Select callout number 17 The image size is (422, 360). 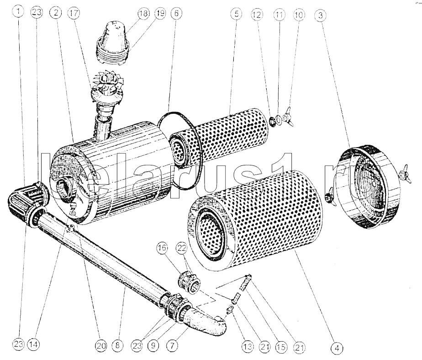pyautogui.click(x=72, y=14)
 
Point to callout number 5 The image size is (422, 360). pyautogui.click(x=235, y=14)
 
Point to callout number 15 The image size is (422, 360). pyautogui.click(x=280, y=346)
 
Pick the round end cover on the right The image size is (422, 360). pyautogui.click(x=368, y=183)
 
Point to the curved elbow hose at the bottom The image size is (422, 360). pyautogui.click(x=208, y=322)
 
